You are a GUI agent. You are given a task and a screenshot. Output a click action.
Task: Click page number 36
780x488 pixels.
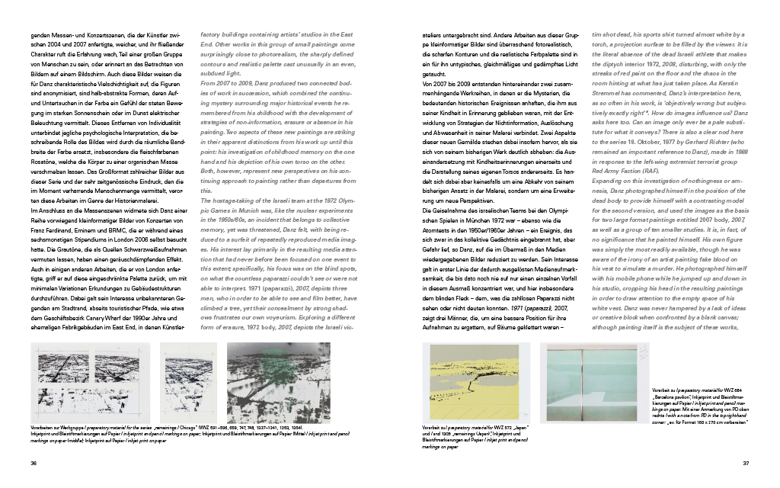point(33,462)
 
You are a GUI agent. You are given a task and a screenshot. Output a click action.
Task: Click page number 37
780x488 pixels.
point(746,462)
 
